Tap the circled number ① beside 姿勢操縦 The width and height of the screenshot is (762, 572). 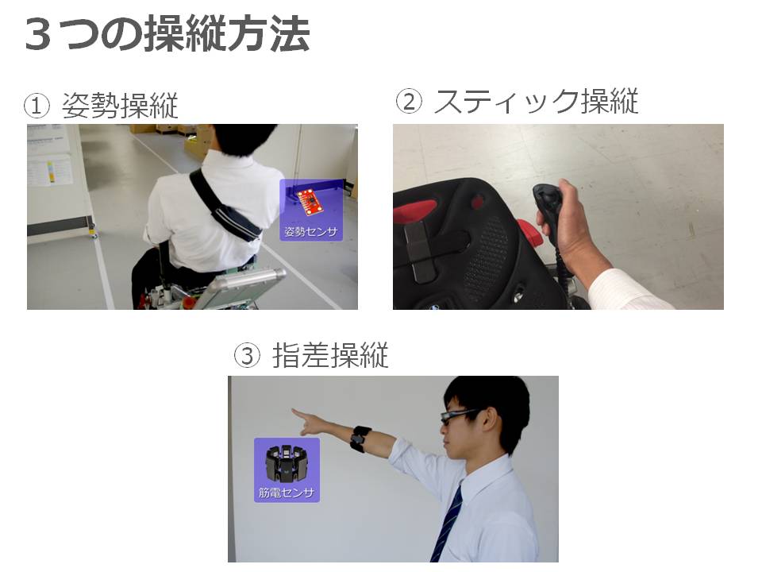click(37, 106)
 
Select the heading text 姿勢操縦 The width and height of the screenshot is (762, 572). click(120, 105)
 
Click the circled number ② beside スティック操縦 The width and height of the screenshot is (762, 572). click(409, 102)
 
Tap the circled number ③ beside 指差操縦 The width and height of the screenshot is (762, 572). click(248, 356)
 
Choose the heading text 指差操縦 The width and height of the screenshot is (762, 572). click(330, 355)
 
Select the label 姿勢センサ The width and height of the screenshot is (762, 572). click(310, 231)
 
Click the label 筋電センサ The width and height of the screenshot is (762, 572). click(287, 493)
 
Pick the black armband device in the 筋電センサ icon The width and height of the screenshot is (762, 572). click(287, 464)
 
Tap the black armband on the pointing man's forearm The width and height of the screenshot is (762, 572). click(360, 439)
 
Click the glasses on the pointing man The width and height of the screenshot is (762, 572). click(460, 415)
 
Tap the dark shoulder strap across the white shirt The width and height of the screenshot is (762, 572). click(225, 206)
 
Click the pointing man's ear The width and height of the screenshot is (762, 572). click(491, 419)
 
